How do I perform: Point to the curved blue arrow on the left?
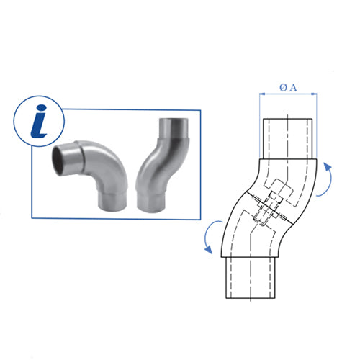tap(209, 238)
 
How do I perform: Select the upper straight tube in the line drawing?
tap(287, 137)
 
